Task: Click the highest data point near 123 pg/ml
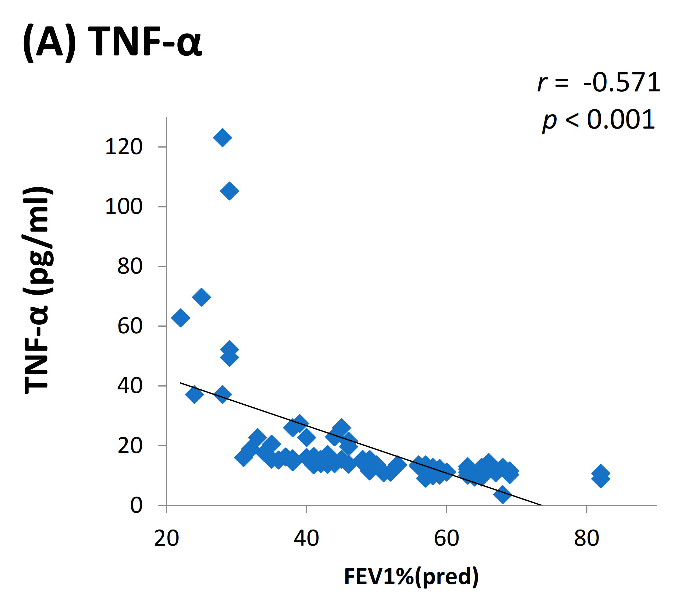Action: [x=222, y=138]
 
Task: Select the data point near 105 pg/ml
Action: [x=229, y=191]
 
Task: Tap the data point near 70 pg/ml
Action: [x=201, y=297]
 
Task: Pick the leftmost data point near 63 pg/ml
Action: [x=180, y=318]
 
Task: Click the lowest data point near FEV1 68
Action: [x=502, y=495]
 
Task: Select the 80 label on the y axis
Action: [x=130, y=266]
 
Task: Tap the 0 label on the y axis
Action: [x=136, y=505]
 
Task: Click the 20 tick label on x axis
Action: [x=166, y=538]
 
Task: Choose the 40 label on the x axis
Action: [x=307, y=538]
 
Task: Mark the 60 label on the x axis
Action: [x=446, y=538]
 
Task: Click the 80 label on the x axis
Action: [x=587, y=538]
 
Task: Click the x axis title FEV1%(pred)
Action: [x=411, y=576]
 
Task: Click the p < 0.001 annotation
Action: [x=598, y=120]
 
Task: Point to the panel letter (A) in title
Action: [x=49, y=42]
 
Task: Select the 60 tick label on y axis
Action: [x=130, y=326]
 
